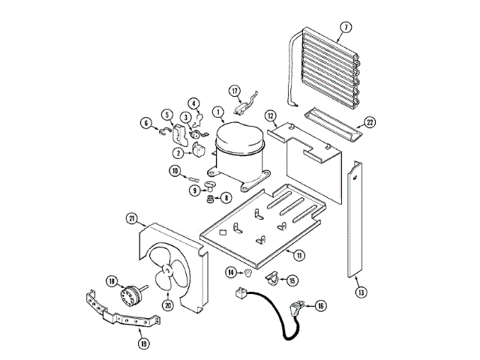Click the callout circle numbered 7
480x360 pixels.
345,28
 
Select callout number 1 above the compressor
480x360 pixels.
217,114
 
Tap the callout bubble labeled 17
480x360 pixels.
235,91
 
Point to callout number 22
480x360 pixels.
369,123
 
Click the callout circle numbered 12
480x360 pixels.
271,116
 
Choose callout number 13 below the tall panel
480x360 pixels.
361,292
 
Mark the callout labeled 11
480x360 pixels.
299,255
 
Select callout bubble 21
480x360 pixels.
132,219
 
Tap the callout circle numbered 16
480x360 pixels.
320,306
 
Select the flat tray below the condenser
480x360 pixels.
329,123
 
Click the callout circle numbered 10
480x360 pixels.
173,171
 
